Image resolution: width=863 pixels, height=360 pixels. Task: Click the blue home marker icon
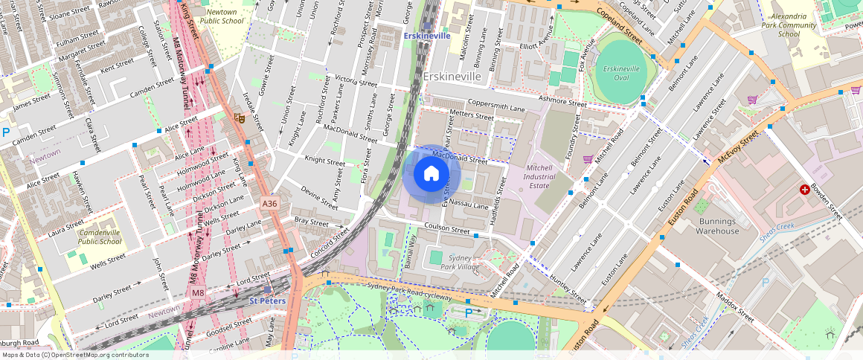431,174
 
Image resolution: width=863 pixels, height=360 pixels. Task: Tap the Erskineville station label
426,36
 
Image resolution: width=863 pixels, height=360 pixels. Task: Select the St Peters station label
267,301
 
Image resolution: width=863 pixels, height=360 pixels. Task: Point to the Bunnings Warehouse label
717,226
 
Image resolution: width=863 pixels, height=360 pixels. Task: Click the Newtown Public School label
221,16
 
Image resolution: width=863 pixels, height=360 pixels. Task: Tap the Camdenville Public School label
100,237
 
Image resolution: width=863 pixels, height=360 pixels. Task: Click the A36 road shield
269,203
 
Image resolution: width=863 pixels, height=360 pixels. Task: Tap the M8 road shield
197,293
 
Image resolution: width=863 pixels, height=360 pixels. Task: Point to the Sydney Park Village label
460,261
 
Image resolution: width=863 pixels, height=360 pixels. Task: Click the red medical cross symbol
804,190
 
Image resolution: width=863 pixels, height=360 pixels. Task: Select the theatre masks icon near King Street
239,117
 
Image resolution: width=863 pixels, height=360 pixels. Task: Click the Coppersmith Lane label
496,106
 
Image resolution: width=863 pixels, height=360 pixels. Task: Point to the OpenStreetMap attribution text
74,355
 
